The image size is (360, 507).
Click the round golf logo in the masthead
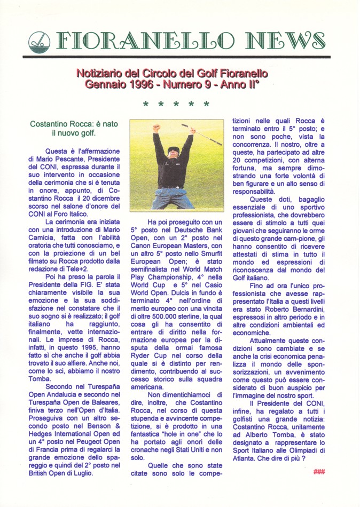38,40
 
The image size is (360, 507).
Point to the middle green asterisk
176,105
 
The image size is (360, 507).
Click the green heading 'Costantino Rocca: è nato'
74,124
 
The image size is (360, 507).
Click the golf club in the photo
201,134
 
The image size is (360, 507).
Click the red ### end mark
319,471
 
